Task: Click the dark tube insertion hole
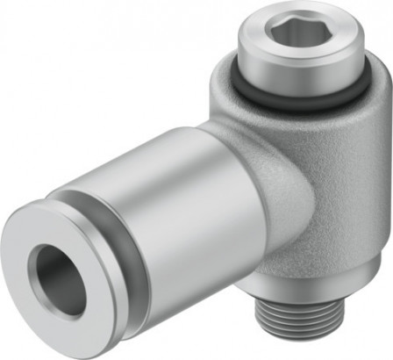(x=58, y=280)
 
